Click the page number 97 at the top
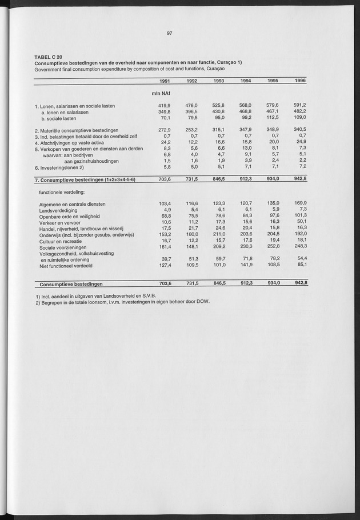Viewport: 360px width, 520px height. (170, 33)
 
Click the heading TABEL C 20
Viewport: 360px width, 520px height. (49, 57)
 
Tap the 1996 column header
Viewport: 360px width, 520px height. (300, 81)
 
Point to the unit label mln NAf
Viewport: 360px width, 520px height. (162, 93)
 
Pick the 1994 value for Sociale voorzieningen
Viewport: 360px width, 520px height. (245, 247)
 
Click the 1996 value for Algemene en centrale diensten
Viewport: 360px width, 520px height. (300, 203)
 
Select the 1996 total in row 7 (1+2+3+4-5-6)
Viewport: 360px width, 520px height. (300, 181)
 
